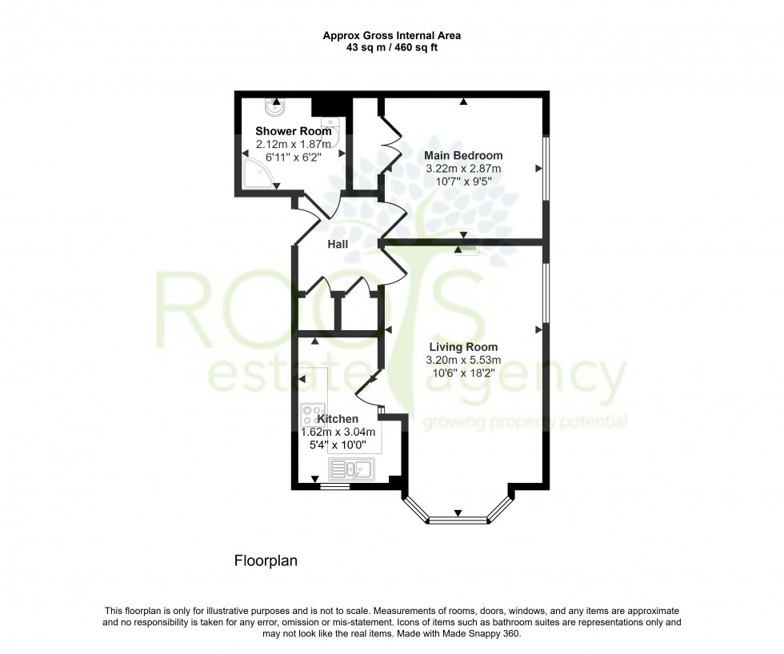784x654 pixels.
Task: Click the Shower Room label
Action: [x=293, y=131]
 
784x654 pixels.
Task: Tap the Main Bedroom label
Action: [x=464, y=155]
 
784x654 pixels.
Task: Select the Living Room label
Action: [x=463, y=347]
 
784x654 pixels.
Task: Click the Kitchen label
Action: [x=338, y=418]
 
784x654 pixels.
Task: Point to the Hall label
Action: [x=337, y=244]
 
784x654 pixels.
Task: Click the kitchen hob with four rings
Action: [x=310, y=415]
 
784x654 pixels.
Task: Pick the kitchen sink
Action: [x=350, y=468]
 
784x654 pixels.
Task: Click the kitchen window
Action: [x=334, y=485]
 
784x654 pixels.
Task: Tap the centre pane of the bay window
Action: [x=458, y=521]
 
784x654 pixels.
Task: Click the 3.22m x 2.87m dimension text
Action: [x=464, y=169]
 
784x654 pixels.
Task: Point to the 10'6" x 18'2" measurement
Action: [x=463, y=373]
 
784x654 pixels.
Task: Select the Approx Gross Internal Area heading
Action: [x=391, y=35]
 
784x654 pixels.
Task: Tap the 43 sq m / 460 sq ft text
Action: [x=391, y=47]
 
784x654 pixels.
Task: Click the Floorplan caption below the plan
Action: [x=266, y=560]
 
